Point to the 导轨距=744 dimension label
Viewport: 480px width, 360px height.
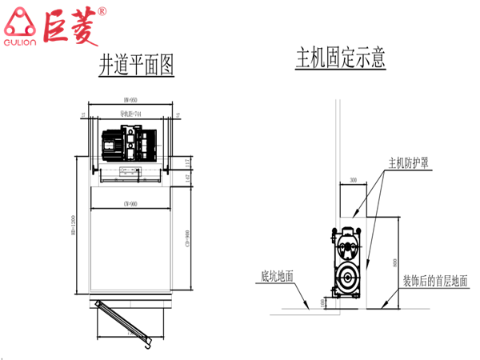click(x=131, y=114)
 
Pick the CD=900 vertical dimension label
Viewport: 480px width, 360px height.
click(x=186, y=239)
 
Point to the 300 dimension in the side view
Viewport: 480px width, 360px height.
click(x=354, y=181)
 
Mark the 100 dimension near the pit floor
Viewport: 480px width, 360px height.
click(x=322, y=302)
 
